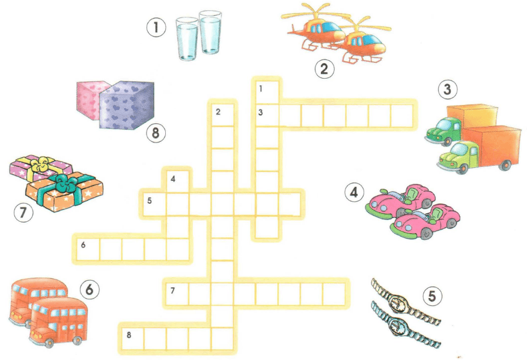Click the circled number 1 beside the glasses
(x=156, y=27)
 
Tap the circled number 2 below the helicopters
(x=324, y=69)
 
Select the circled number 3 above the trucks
(x=447, y=90)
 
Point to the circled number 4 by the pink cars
(x=355, y=192)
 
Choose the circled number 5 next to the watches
(x=432, y=296)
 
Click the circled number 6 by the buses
(x=90, y=289)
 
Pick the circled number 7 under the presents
(x=23, y=212)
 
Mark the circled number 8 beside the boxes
(x=155, y=132)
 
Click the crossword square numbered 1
(x=267, y=92)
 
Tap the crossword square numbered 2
(x=222, y=115)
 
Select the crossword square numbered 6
(x=88, y=249)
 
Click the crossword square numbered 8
(x=133, y=339)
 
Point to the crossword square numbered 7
(x=177, y=294)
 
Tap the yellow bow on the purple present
(x=40, y=163)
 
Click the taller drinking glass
(x=210, y=32)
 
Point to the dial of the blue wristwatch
(x=396, y=325)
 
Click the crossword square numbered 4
(x=177, y=182)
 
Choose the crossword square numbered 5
(x=155, y=204)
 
